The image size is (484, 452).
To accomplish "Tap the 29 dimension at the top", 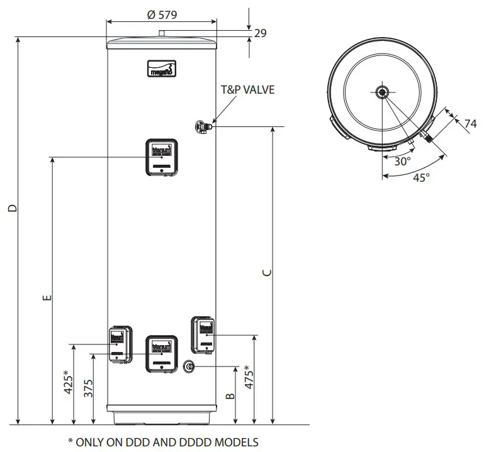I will pos(259,33).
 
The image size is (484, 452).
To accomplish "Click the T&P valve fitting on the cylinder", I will pos(203,126).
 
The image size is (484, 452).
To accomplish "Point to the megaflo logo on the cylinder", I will pos(162,67).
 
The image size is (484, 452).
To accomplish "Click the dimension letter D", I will pos(13,209).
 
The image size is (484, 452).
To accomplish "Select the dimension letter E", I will pos(46,297).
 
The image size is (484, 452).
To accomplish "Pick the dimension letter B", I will pos(230,395).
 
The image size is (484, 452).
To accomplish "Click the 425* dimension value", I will pos(69,384).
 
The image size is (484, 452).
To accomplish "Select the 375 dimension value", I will pos(87,389).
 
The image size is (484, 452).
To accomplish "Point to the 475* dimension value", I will pos(249,378).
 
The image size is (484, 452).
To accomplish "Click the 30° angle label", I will pos(403,161).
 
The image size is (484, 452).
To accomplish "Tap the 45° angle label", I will pos(421,177).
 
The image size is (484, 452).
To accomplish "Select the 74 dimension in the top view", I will pos(470,124).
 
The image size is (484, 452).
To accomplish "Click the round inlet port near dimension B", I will pos(189,367).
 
